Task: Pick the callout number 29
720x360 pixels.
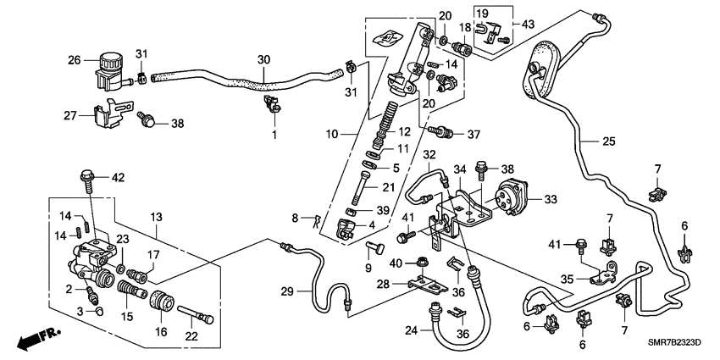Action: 286,291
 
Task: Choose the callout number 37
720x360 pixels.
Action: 473,134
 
